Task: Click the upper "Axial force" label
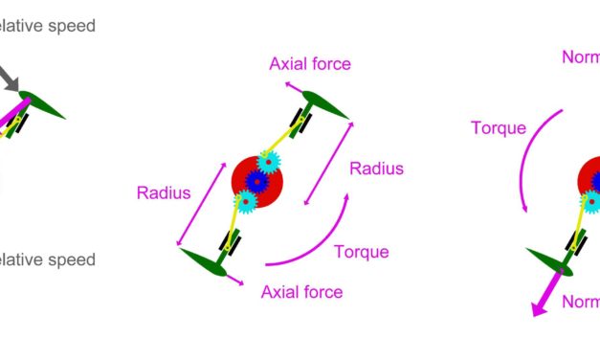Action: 310,64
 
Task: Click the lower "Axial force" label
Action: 301,292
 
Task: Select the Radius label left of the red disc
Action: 164,192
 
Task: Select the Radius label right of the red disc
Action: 376,169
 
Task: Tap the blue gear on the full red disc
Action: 256,180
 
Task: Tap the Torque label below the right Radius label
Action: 361,252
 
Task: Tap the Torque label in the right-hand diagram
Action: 499,127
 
